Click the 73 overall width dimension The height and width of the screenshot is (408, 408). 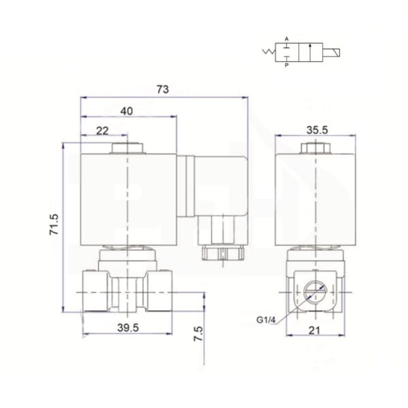tap(161, 89)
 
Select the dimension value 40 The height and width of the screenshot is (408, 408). tap(127, 111)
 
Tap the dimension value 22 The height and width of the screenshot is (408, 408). tap(103, 131)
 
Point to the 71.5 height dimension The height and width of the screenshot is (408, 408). tap(54, 225)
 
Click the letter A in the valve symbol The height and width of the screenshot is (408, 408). tap(286, 39)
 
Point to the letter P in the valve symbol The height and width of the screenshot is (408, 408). tap(286, 66)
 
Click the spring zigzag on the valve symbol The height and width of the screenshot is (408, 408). tap(268, 52)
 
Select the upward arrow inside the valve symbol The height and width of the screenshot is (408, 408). tap(310, 52)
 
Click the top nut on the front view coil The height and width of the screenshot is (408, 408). tap(127, 148)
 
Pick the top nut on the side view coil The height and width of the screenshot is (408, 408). tap(314, 148)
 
